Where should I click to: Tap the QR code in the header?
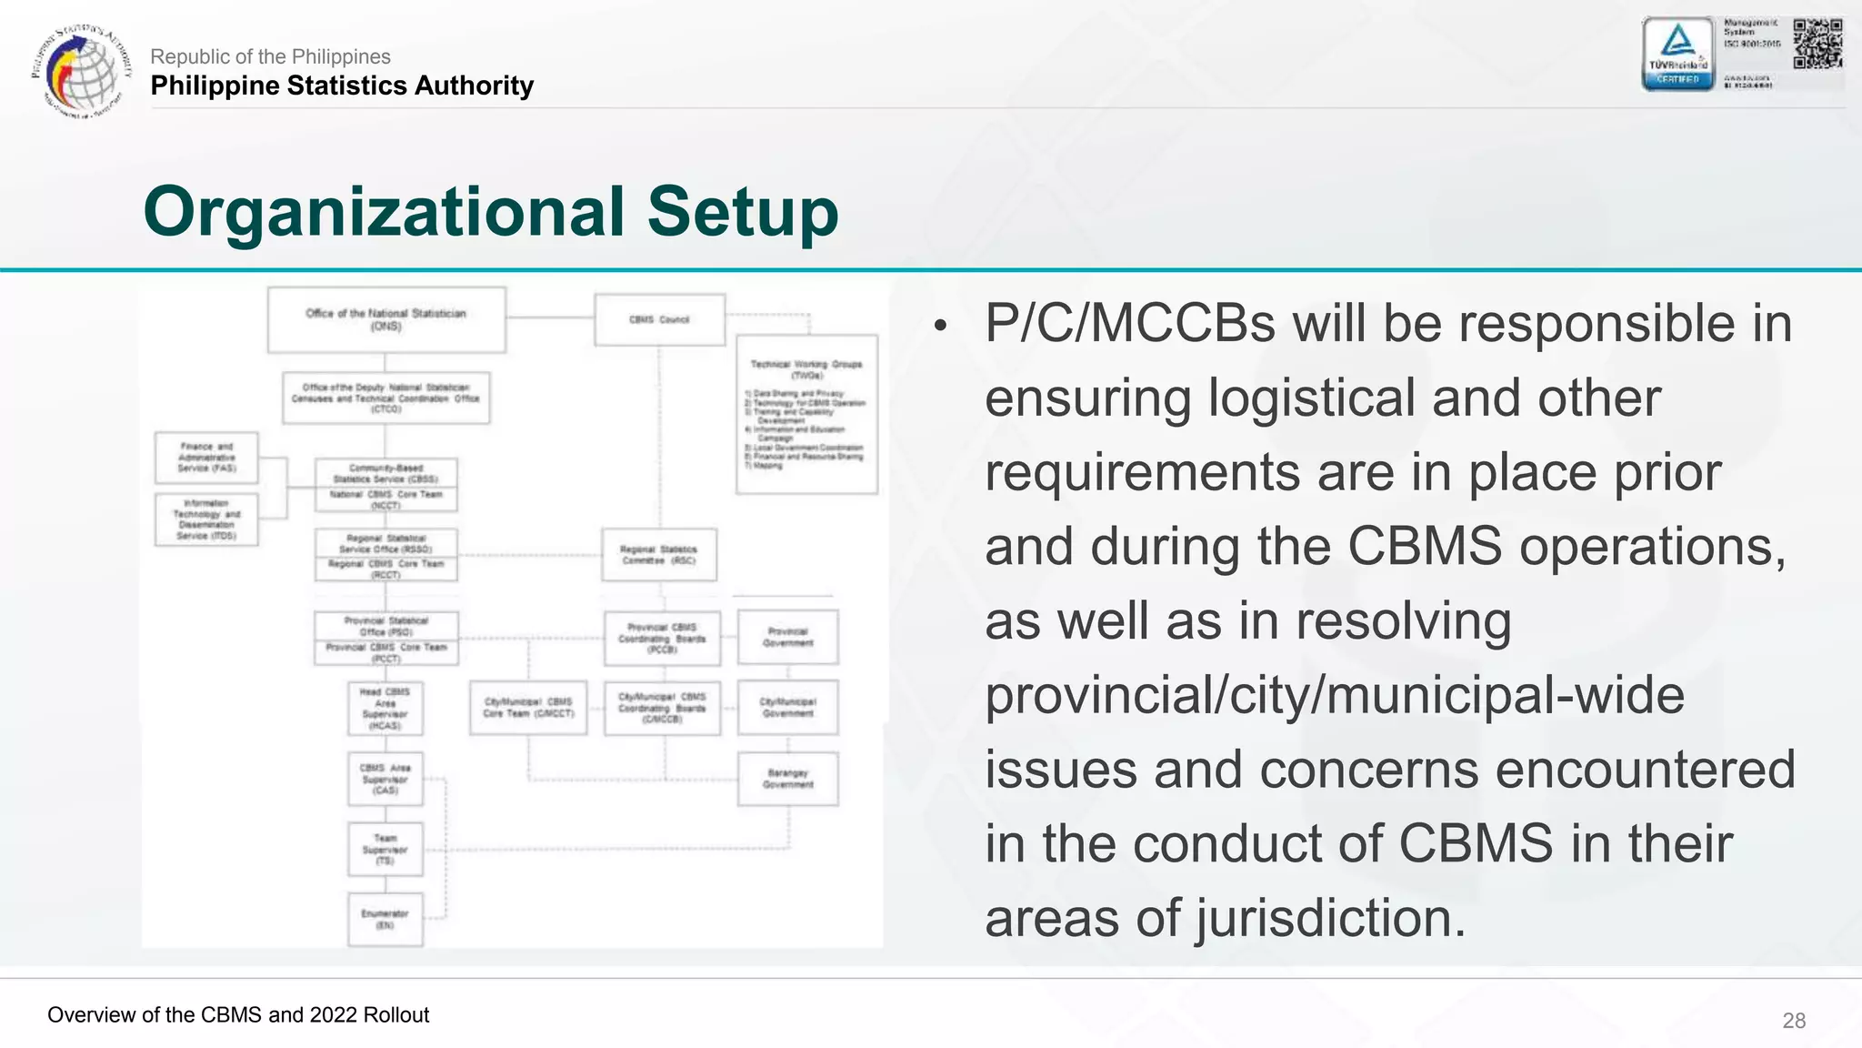1817,44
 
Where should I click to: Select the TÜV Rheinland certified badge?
1677,54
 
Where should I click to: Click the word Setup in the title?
742,212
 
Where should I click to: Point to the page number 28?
1794,1021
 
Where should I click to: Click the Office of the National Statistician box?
386,319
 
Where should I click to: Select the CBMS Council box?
659,319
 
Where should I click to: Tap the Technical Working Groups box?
806,414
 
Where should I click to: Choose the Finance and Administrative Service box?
207,458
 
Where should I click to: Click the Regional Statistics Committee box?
658,555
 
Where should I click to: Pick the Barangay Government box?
787,779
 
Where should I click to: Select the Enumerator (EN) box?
385,919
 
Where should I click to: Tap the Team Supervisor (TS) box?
385,850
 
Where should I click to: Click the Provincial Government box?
787,637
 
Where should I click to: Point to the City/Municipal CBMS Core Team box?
528,708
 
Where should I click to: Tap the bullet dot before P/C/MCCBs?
940,326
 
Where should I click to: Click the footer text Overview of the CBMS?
238,1015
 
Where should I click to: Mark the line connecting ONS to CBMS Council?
550,317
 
